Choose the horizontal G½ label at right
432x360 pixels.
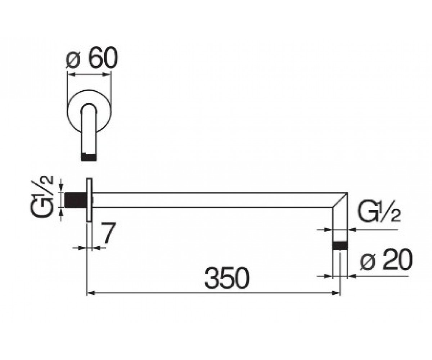tap(379, 211)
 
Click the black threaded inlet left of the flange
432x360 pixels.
tap(76, 200)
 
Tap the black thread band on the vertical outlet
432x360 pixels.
tap(340, 246)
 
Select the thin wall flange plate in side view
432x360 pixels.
tap(89, 200)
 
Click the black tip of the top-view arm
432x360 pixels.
tap(89, 157)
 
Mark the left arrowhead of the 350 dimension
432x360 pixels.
tap(90, 293)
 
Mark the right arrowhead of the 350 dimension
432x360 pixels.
tap(336, 293)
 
